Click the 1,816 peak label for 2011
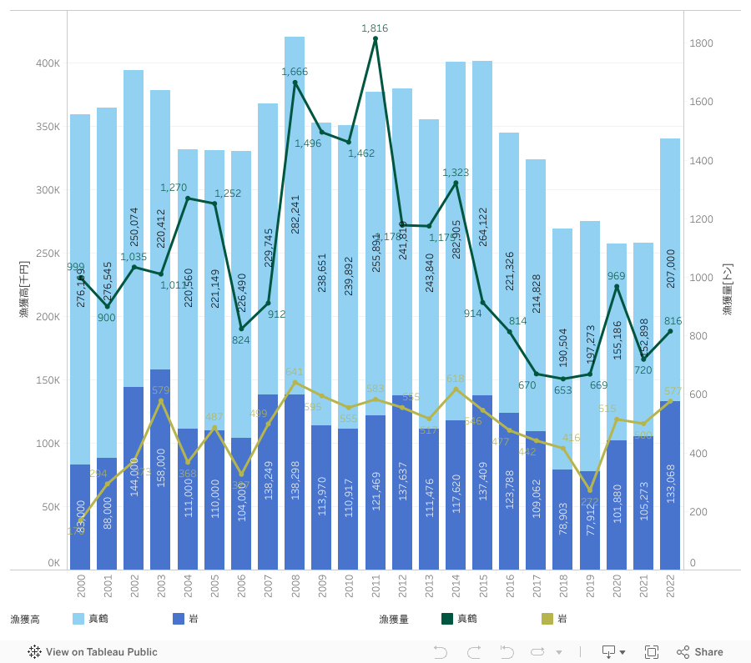point(375,28)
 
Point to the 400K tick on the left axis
point(48,63)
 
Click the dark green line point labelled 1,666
point(295,83)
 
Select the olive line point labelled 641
point(295,382)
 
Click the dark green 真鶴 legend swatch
point(447,619)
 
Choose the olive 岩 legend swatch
point(547,619)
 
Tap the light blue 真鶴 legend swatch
point(78,619)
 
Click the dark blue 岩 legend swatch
point(179,619)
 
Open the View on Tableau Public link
point(93,652)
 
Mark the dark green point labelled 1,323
point(456,183)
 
